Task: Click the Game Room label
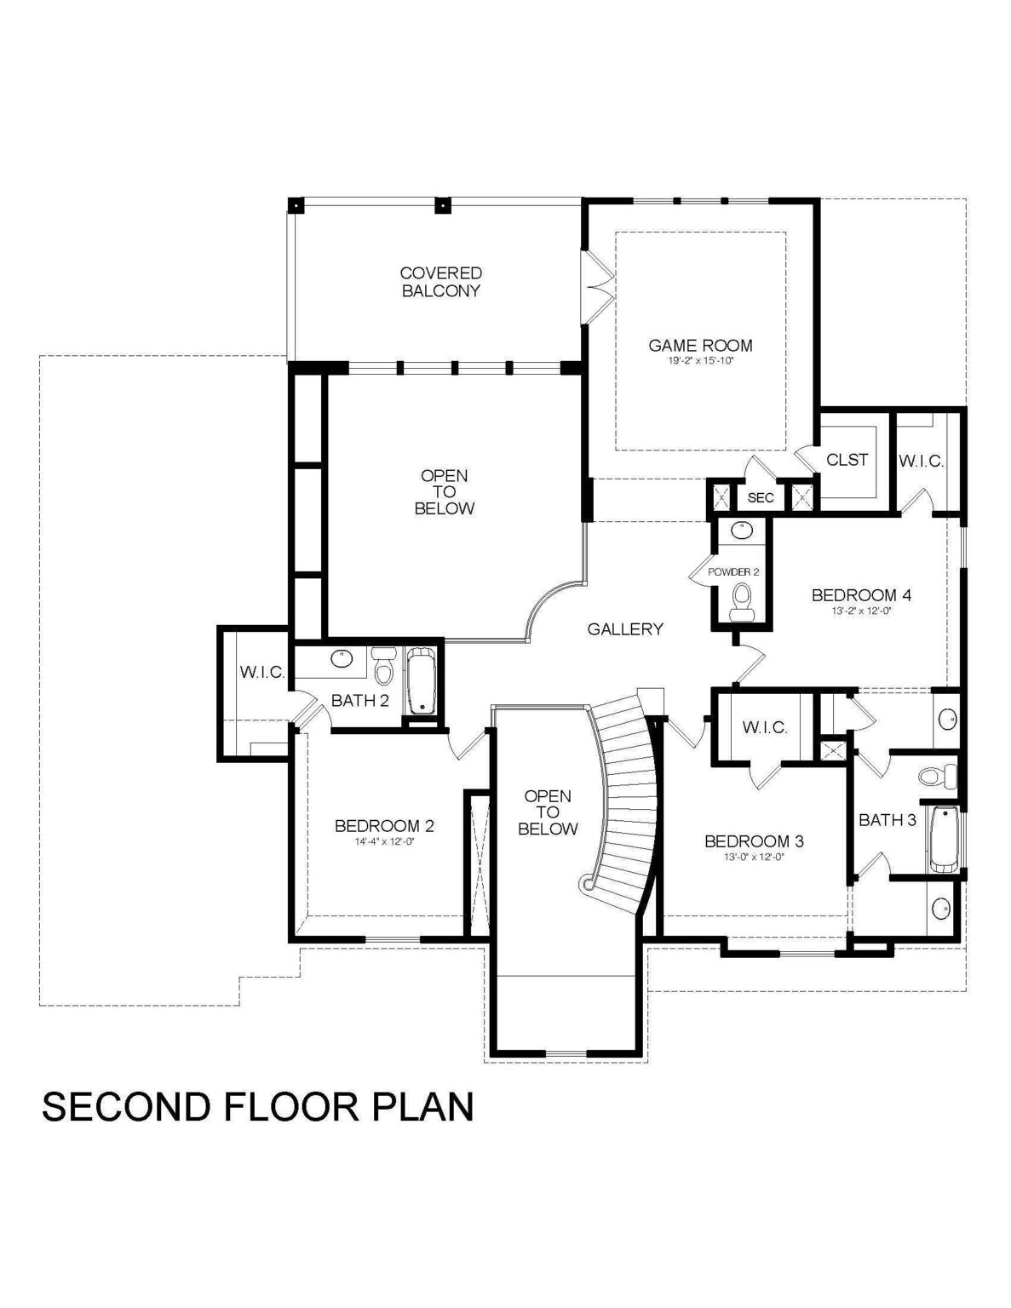[700, 346]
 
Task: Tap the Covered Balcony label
[441, 282]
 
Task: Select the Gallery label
[625, 629]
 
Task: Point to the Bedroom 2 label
[384, 826]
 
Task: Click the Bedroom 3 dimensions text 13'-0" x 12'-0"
[755, 858]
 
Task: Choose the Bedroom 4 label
[861, 595]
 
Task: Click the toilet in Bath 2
[382, 666]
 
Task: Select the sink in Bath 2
[342, 658]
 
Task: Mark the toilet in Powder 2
[741, 605]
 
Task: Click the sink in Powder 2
[741, 531]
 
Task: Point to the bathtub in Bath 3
[945, 840]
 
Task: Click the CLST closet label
[847, 460]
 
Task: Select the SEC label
[761, 498]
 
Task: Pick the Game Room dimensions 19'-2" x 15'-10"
[700, 361]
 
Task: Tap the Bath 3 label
[887, 820]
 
